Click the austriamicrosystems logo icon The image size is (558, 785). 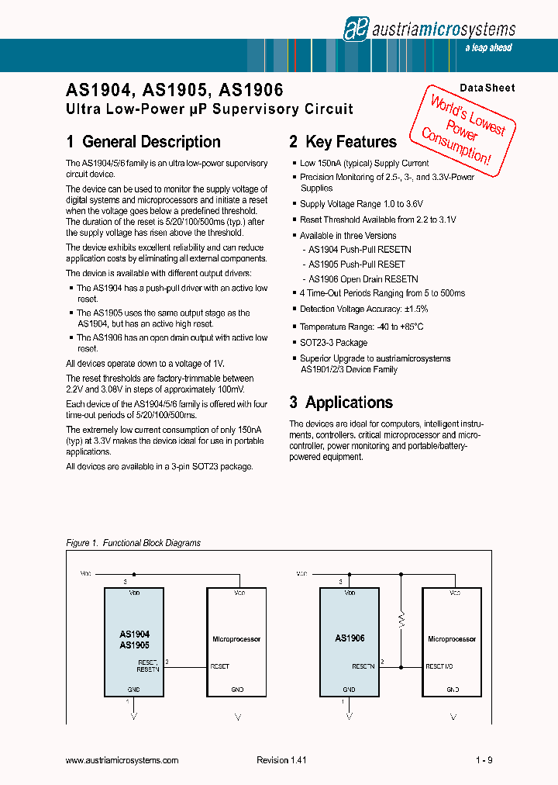355,29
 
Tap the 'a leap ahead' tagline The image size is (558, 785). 488,48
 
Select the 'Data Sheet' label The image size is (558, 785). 487,88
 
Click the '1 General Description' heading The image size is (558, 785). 143,142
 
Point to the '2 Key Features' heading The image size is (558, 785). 343,142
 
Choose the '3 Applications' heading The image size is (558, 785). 341,403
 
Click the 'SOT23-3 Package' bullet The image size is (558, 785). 333,343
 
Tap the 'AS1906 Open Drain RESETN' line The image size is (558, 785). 363,279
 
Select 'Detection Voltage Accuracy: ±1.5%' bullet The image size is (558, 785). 363,309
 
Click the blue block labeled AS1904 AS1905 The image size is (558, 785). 134,641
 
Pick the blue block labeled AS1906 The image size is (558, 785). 350,641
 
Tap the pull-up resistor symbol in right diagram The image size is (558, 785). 401,619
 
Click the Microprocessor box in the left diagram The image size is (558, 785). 236,641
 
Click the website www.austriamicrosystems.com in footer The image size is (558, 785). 122,761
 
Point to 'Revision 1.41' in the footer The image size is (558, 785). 281,761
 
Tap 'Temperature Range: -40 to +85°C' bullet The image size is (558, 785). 361,327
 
